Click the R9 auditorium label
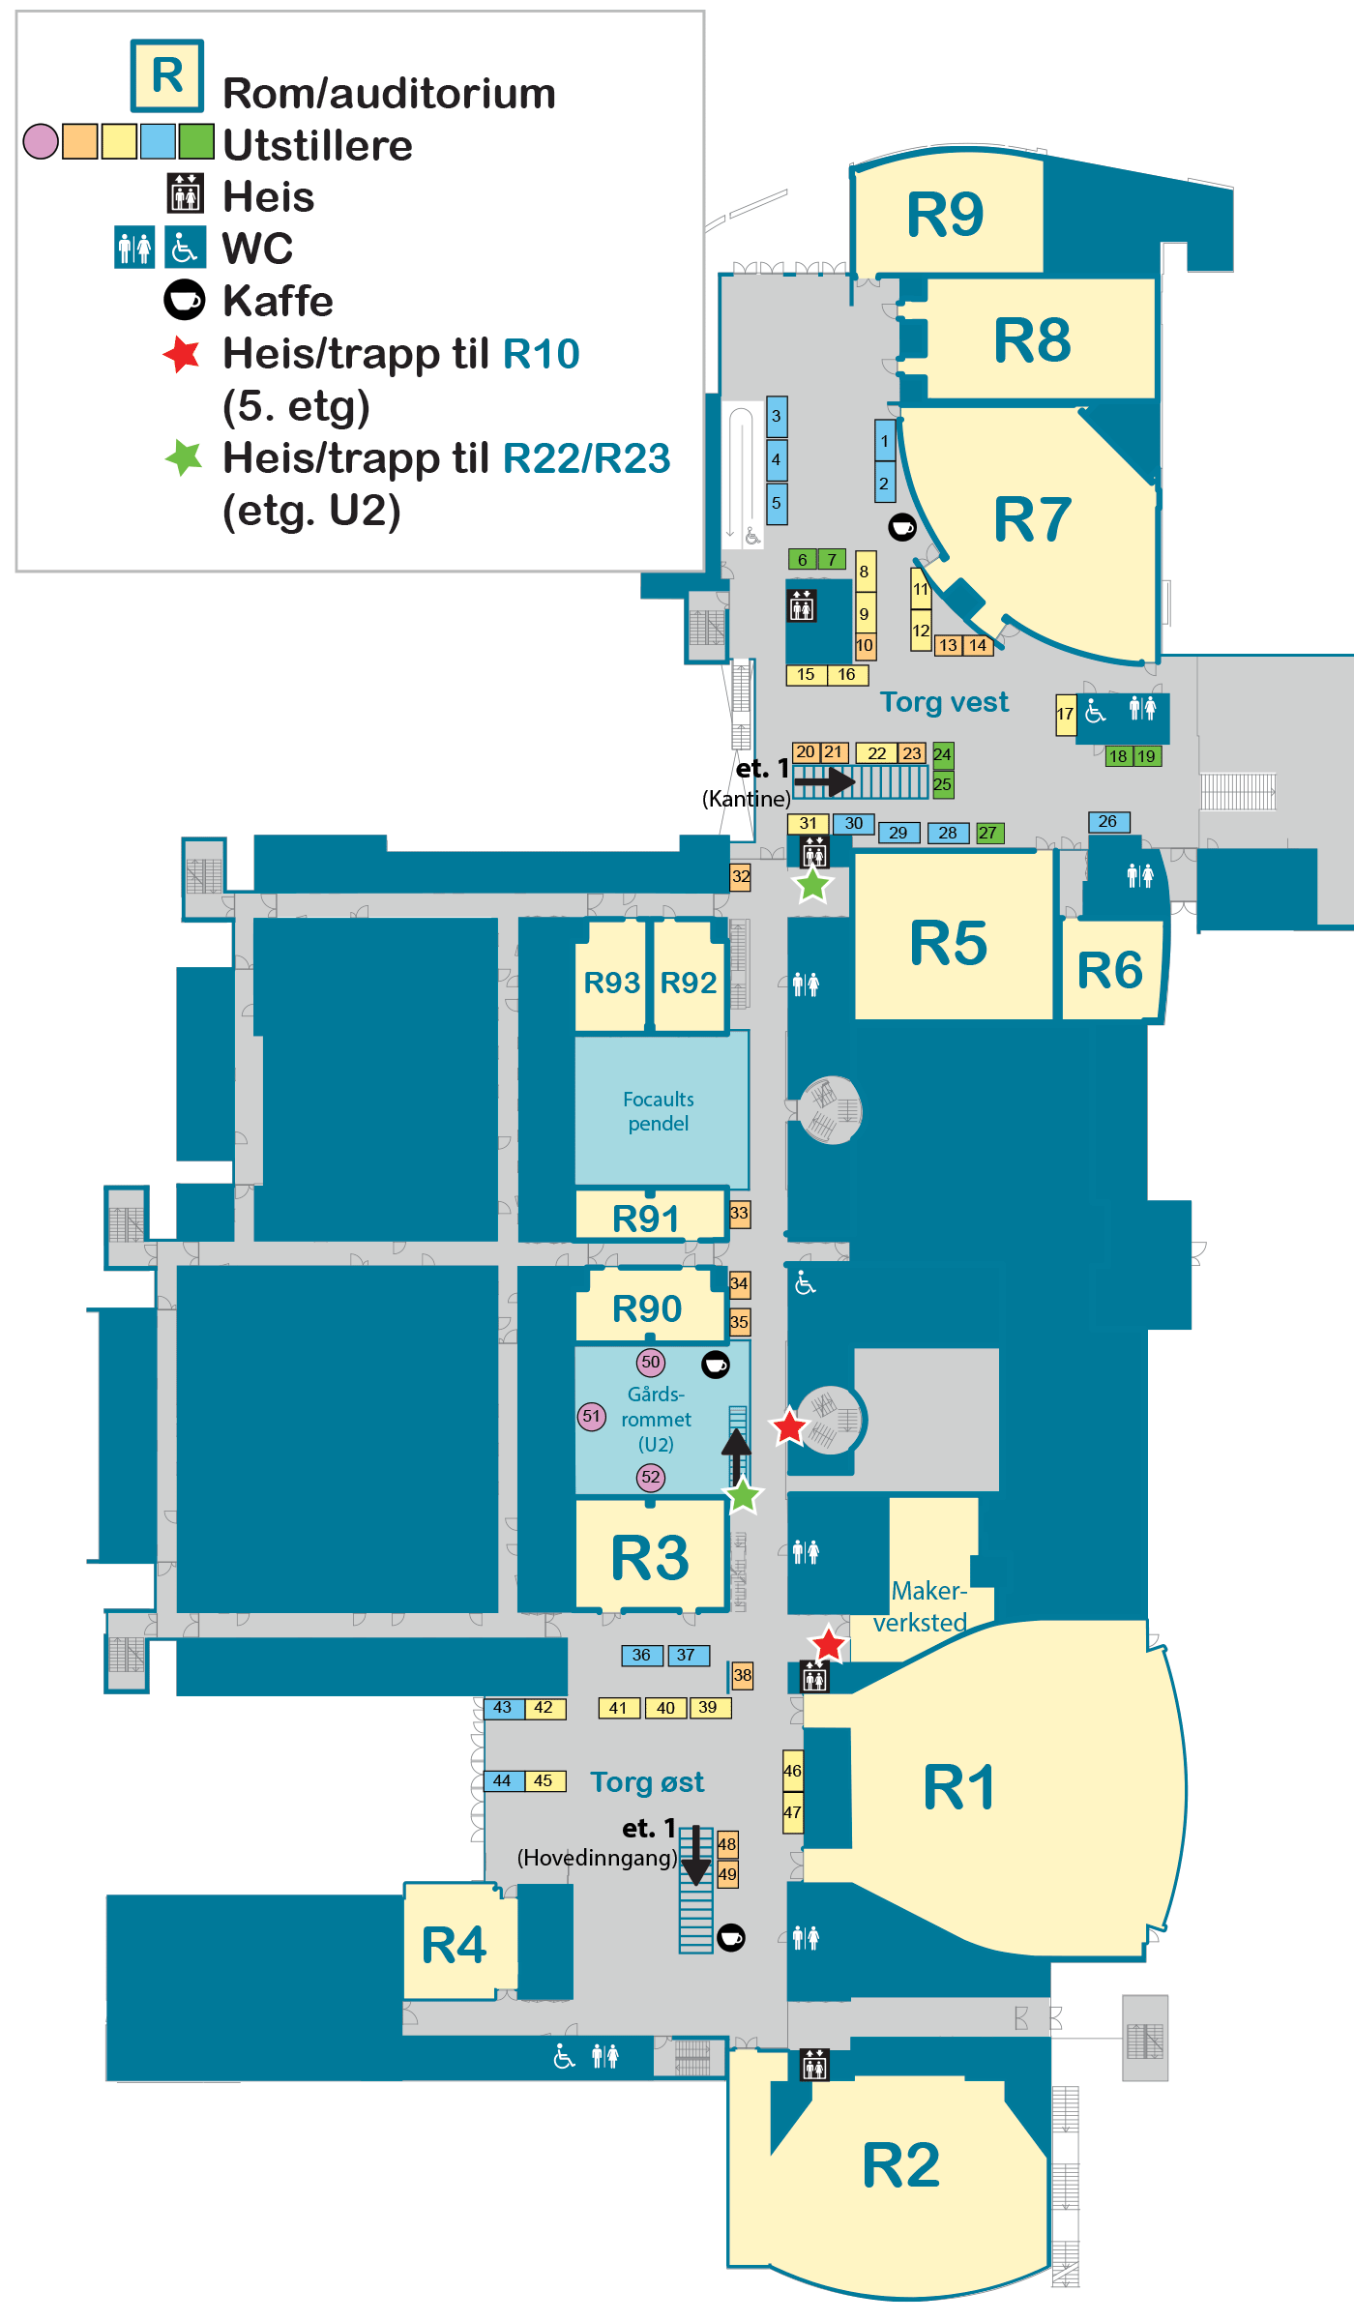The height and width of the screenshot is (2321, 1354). point(945,215)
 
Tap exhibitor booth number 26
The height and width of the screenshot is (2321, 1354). point(1108,822)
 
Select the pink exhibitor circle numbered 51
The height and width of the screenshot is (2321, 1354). point(592,1417)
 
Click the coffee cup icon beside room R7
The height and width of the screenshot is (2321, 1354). point(902,527)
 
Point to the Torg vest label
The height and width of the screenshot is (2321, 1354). point(944,702)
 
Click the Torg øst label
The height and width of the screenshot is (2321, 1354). point(647,1782)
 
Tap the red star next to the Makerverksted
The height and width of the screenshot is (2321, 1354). point(828,1644)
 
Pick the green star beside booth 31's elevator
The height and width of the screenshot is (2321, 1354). point(812,884)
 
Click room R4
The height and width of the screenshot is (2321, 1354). point(455,1946)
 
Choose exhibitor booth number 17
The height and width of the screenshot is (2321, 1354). point(1065,715)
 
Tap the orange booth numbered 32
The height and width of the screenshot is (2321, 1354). point(740,877)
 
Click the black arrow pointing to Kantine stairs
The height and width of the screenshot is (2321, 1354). point(824,780)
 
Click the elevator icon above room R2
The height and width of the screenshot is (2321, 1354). point(814,2066)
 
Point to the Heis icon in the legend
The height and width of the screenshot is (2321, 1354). point(185,193)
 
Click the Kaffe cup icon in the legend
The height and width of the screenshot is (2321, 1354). point(185,300)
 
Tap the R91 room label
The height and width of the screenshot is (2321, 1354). point(646,1219)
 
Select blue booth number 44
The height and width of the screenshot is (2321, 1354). point(503,1781)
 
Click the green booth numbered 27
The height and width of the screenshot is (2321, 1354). point(988,833)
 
